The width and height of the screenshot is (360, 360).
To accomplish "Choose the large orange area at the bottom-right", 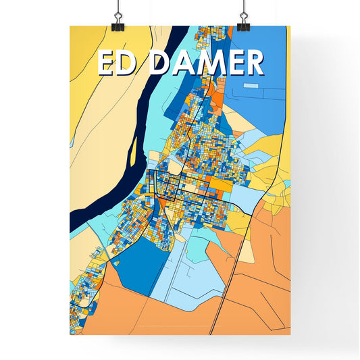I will [263, 270].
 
